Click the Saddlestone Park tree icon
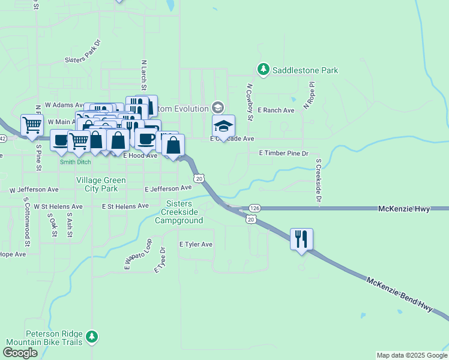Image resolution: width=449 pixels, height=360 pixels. click(x=263, y=70)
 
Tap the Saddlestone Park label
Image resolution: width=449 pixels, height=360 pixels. click(x=305, y=70)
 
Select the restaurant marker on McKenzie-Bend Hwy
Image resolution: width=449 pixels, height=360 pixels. click(x=301, y=239)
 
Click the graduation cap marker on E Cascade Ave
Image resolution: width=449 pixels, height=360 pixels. click(x=223, y=127)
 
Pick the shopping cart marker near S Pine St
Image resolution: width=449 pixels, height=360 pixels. click(x=32, y=125)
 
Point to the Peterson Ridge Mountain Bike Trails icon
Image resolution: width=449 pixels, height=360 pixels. click(x=91, y=337)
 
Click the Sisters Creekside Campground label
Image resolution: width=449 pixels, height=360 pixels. click(x=183, y=212)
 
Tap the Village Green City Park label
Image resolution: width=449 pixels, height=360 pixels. click(x=101, y=184)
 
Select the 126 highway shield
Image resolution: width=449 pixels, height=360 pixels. click(x=255, y=208)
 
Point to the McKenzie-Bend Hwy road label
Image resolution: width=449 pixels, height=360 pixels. click(x=399, y=294)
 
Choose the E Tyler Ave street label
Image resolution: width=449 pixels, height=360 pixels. click(x=196, y=244)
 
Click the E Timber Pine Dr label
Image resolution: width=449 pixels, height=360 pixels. click(x=283, y=154)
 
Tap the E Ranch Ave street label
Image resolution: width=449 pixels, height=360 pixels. click(x=276, y=110)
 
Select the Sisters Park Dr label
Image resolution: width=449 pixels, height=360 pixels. click(x=83, y=52)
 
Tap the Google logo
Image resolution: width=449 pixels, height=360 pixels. click(x=20, y=353)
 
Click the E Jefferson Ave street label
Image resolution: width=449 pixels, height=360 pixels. click(x=168, y=188)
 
